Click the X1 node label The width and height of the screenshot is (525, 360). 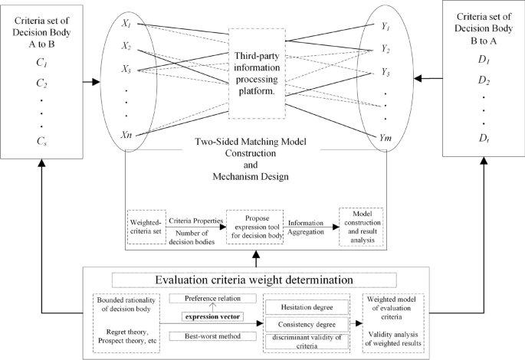tap(126, 25)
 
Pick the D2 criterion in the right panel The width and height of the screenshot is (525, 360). tap(484, 79)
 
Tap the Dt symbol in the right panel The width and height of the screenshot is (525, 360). tap(484, 138)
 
